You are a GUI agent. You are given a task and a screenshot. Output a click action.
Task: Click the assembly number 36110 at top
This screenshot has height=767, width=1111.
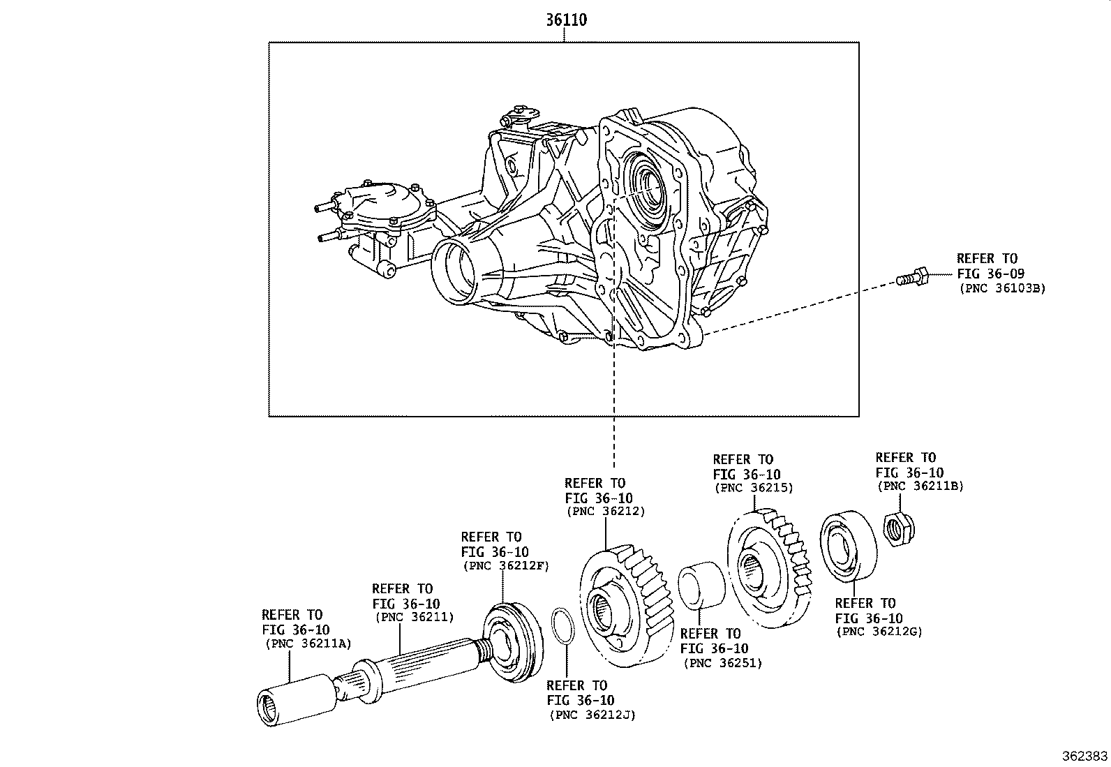[x=565, y=20]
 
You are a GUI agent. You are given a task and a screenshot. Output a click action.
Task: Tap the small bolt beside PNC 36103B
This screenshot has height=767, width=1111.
[x=911, y=278]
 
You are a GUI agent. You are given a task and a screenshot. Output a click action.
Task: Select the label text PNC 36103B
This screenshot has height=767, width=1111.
[x=1002, y=288]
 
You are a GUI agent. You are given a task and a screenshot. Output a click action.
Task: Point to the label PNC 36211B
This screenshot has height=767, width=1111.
[x=919, y=486]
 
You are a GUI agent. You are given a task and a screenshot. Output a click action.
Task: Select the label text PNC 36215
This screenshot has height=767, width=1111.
[x=753, y=489]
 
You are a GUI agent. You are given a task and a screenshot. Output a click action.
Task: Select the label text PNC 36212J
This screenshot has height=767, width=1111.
[x=592, y=714]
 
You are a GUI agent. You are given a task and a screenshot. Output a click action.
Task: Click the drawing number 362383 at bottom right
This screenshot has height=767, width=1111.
[x=1084, y=756]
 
